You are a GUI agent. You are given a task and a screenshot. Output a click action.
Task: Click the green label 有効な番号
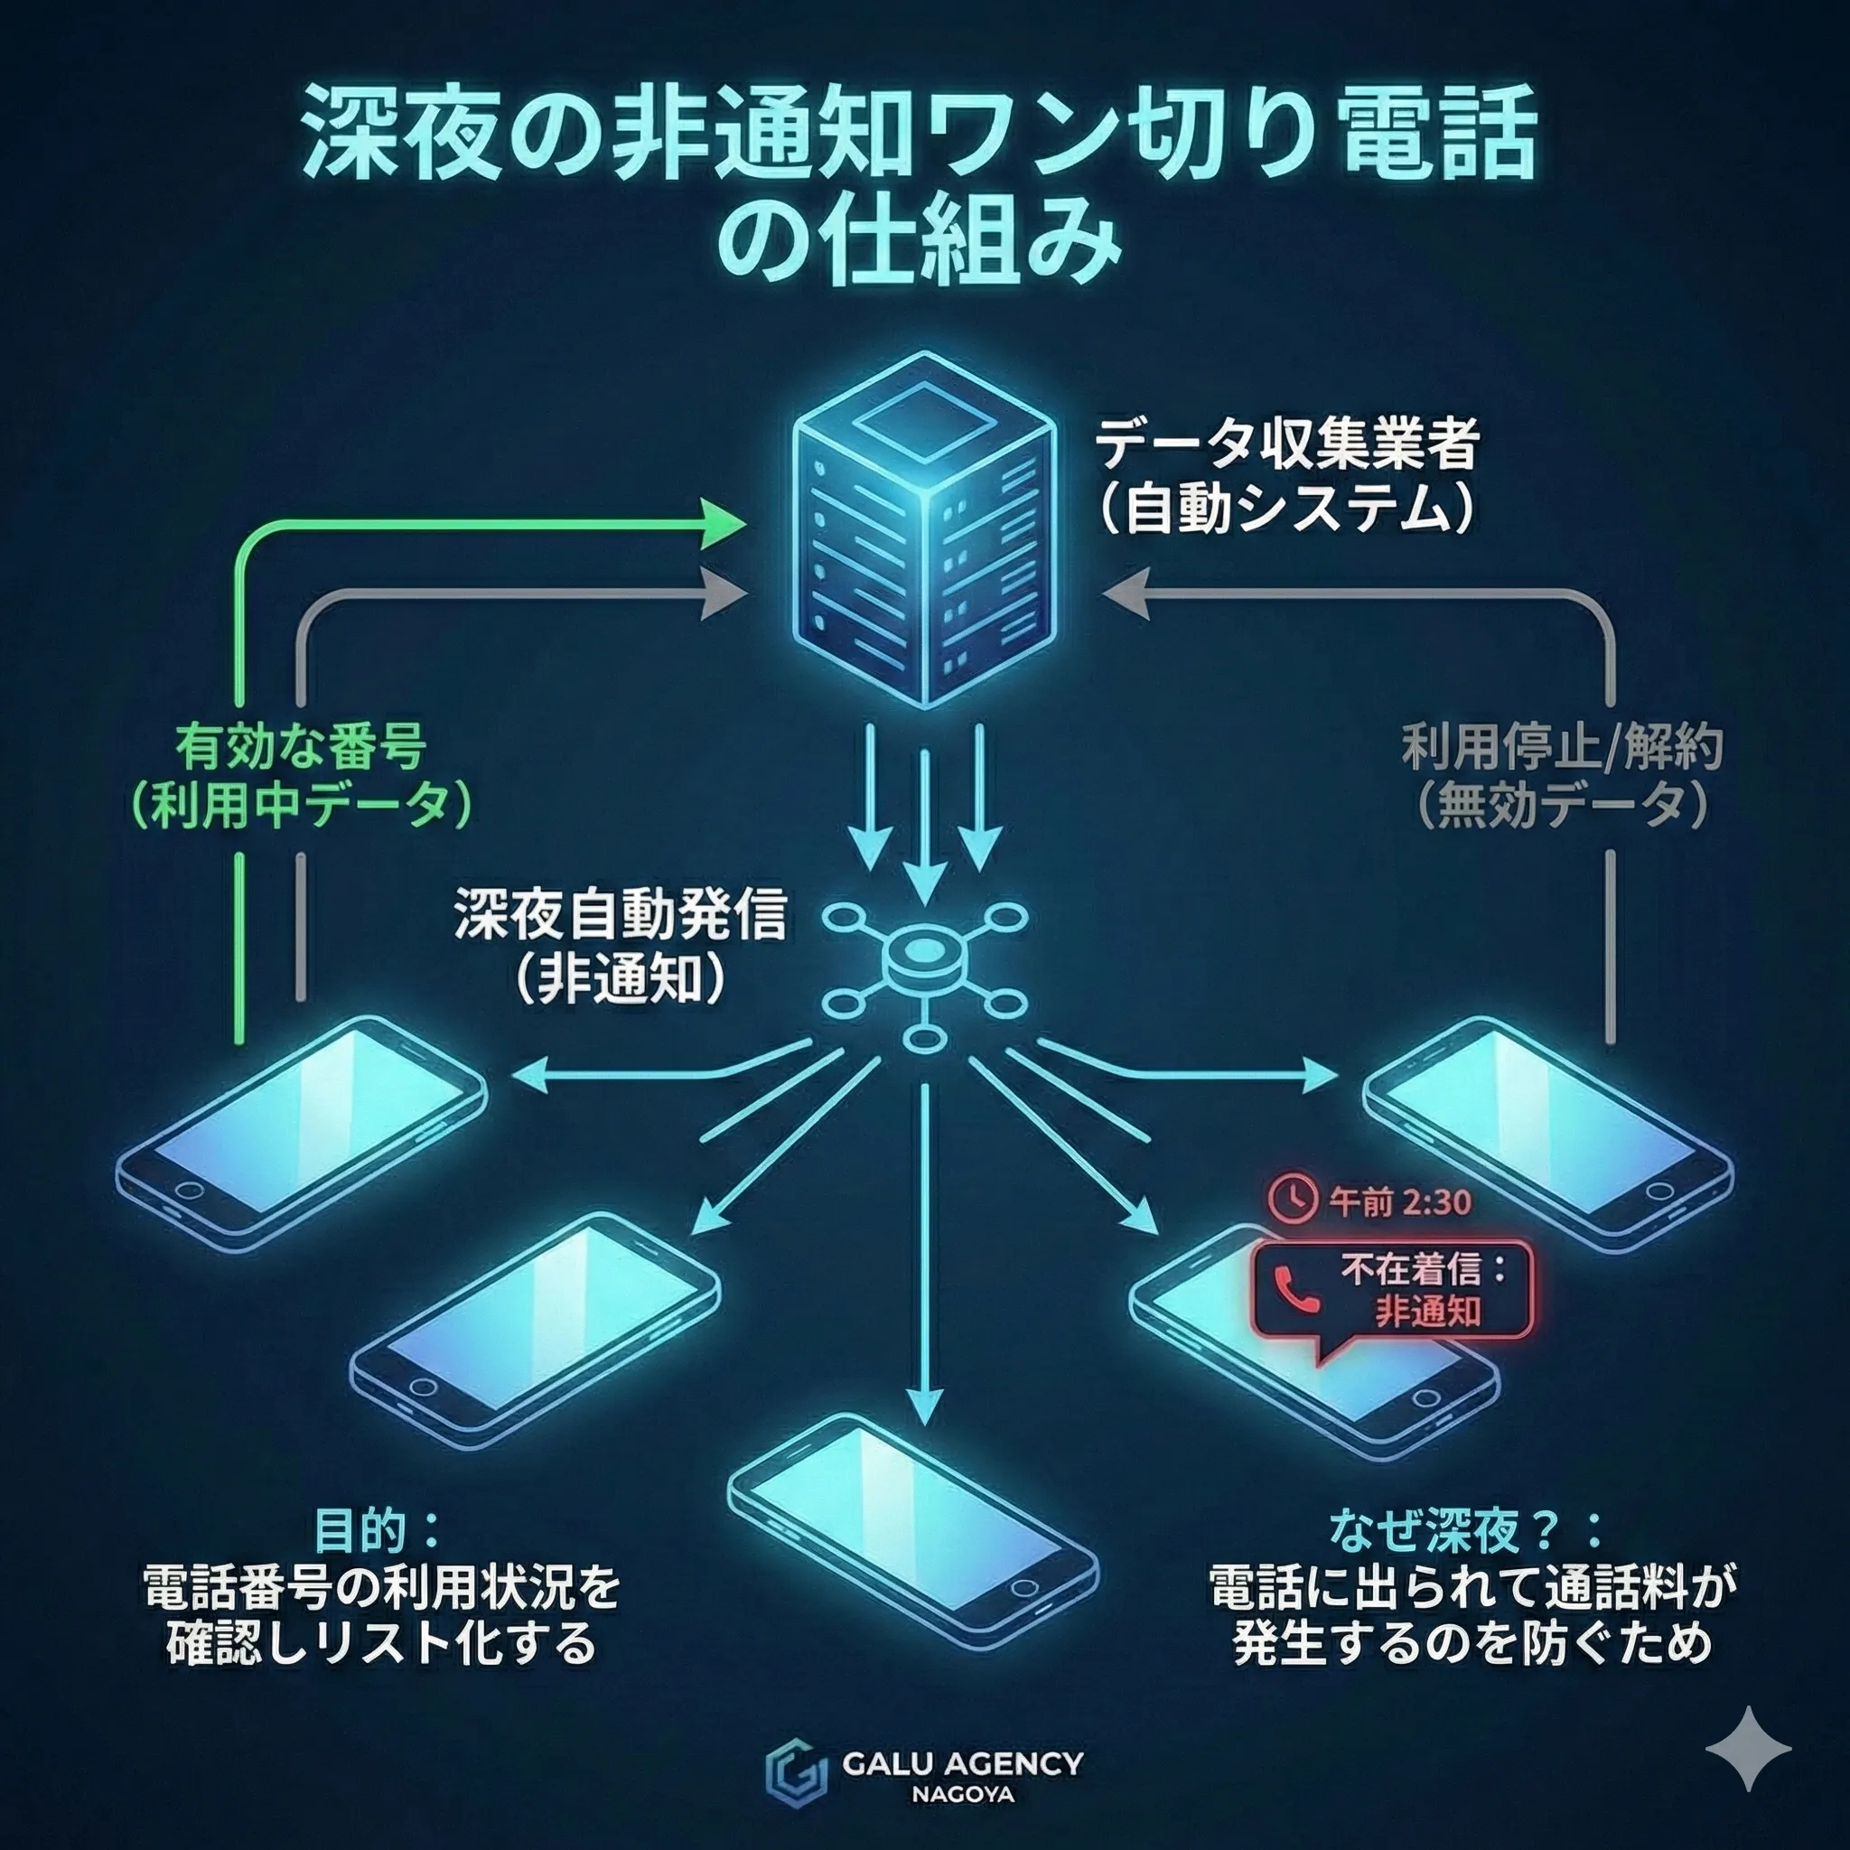301,747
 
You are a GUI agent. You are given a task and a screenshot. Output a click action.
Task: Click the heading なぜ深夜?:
1466,1531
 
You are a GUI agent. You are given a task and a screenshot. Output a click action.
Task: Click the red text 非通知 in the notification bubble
1428,1311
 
